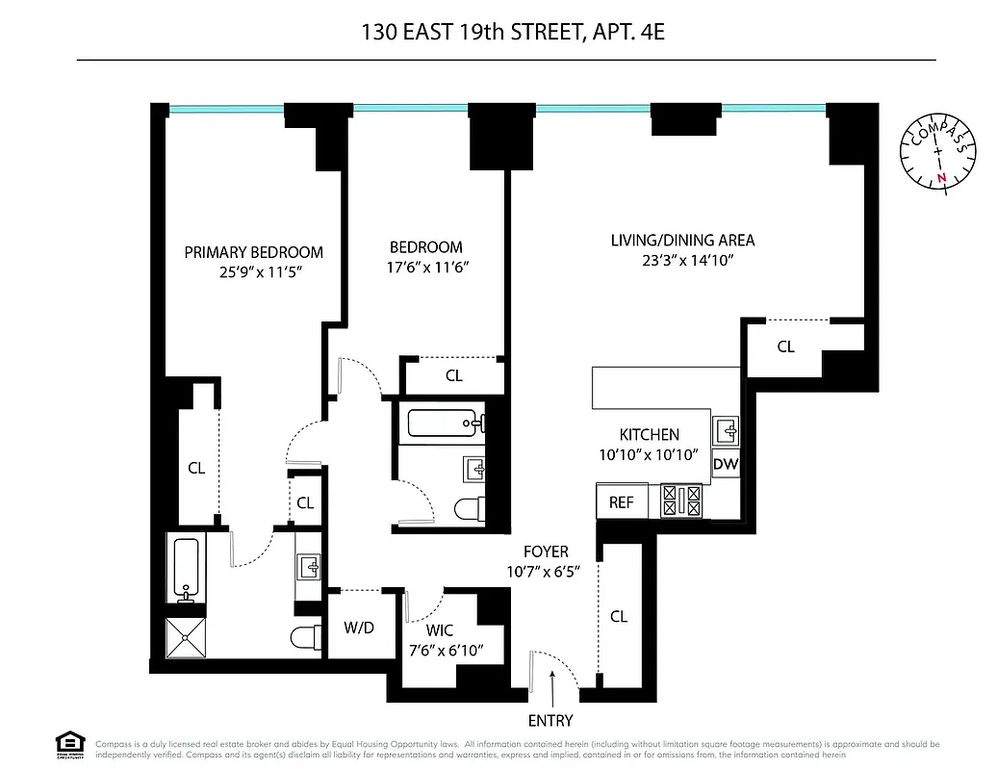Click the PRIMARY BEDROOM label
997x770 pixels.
point(253,252)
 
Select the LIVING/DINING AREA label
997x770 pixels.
point(682,240)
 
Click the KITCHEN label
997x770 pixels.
point(649,435)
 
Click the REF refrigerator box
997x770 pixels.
point(622,502)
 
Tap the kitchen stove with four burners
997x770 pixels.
point(681,500)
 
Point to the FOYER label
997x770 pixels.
point(546,552)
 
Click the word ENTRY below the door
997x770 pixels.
point(550,721)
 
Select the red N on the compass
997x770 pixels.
point(942,177)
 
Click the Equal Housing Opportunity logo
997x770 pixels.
point(69,745)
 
